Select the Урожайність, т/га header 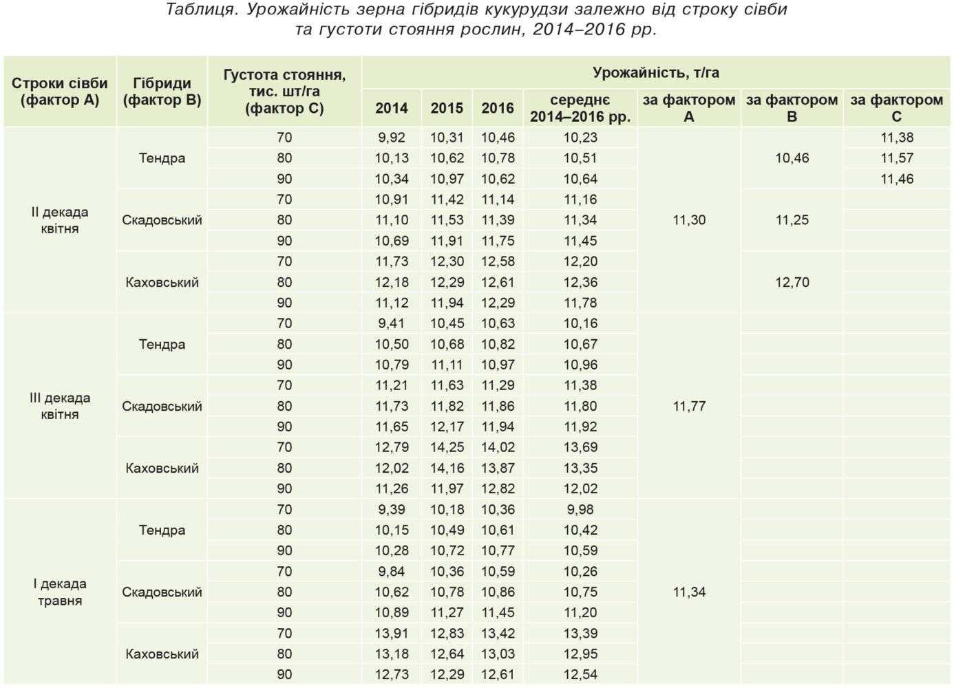click(x=656, y=73)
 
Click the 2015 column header click(x=447, y=108)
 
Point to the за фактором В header click(x=792, y=108)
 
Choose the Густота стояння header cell click(x=284, y=92)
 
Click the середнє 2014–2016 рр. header click(x=580, y=108)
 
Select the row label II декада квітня click(x=60, y=220)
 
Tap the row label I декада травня click(x=60, y=592)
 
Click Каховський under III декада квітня click(x=162, y=468)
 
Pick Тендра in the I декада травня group click(x=162, y=530)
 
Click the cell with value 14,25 click(x=447, y=447)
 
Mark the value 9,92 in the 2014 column click(x=392, y=138)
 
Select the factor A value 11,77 click(x=689, y=406)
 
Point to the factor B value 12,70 click(x=792, y=282)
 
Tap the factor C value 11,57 click(x=897, y=158)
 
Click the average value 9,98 click(x=580, y=509)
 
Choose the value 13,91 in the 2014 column click(x=392, y=633)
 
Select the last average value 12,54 click(x=580, y=674)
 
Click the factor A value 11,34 click(x=689, y=592)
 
